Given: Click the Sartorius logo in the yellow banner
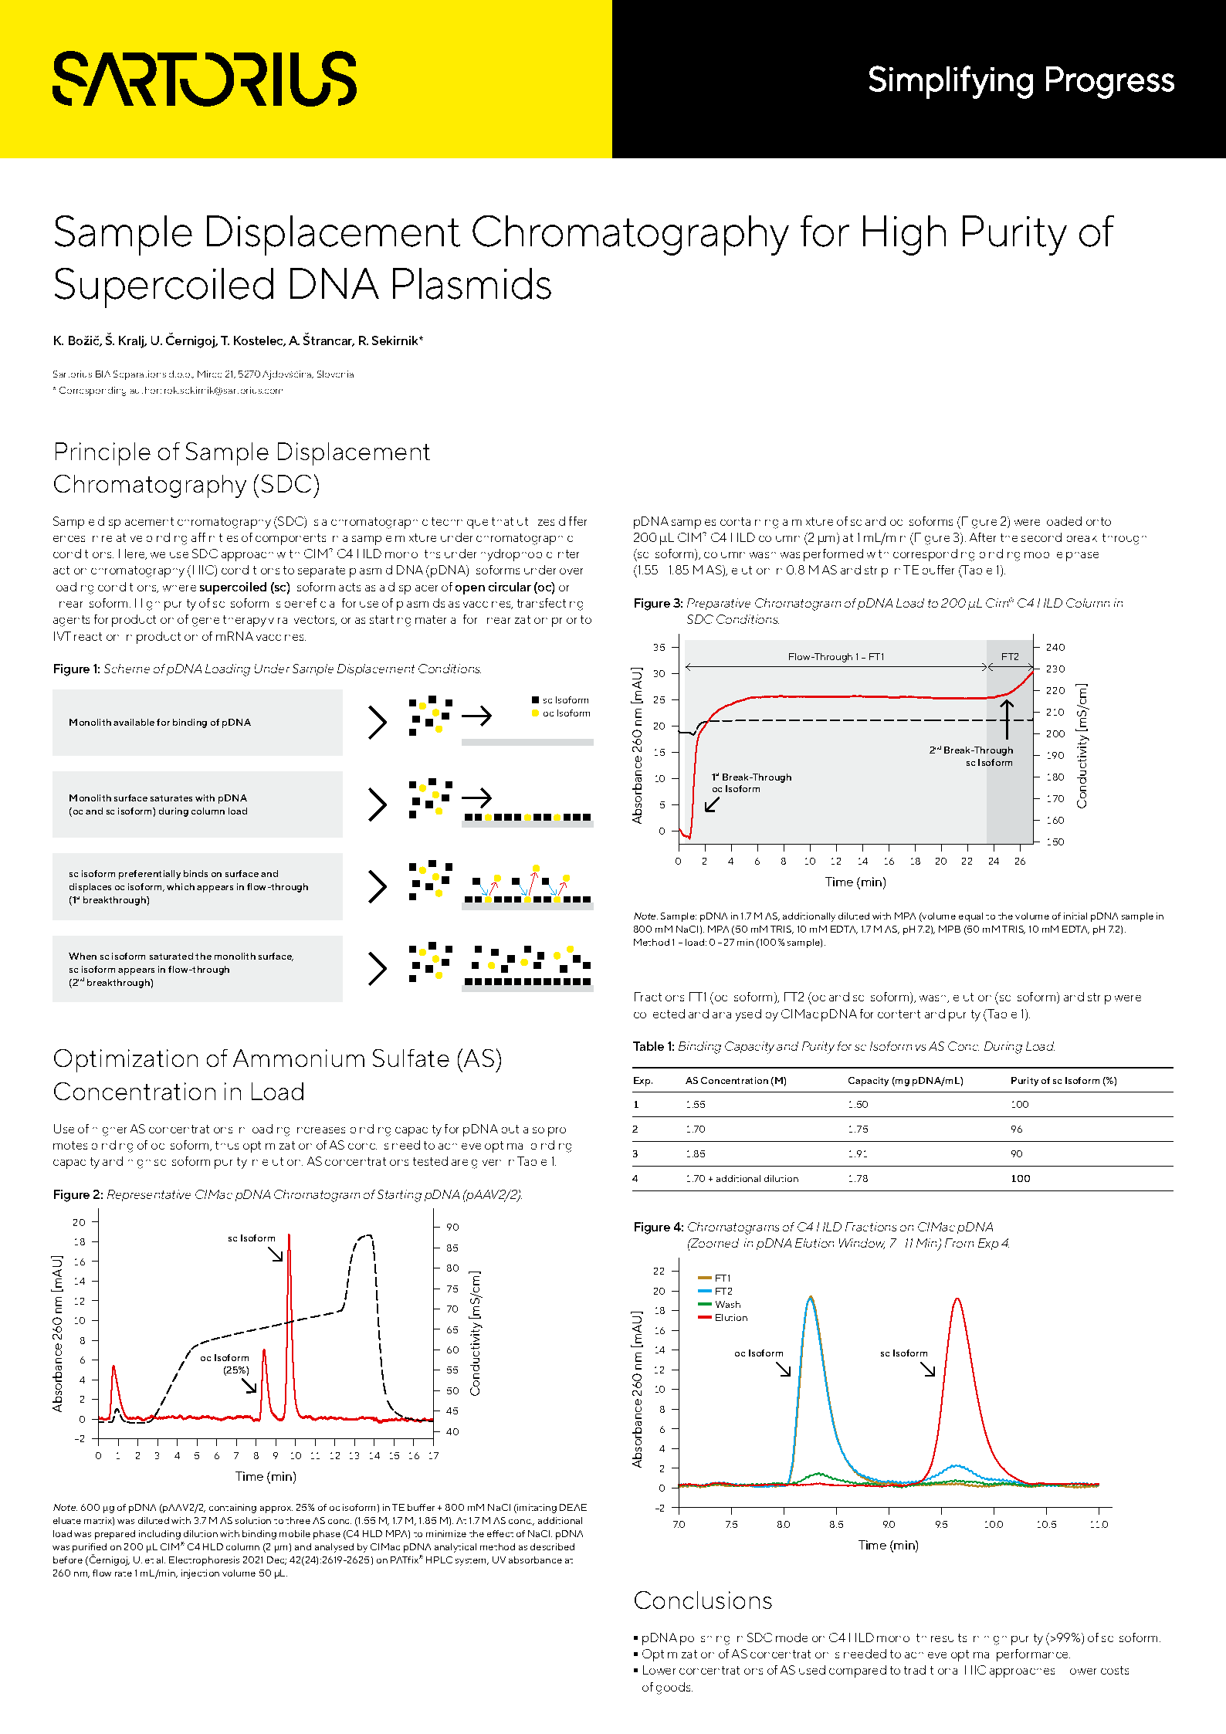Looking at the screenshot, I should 205,79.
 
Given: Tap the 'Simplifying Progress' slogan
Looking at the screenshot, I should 1021,80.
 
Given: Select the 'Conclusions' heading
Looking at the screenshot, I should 703,1600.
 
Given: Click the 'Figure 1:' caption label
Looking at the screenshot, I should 76,669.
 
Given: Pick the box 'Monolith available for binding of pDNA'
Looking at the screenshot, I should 198,723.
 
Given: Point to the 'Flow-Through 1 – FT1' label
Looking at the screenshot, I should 835,657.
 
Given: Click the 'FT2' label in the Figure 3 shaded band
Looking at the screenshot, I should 1010,657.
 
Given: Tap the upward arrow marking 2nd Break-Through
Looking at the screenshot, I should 1007,719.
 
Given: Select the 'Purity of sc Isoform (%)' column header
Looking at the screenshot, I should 1063,1081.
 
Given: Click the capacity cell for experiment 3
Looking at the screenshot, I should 858,1153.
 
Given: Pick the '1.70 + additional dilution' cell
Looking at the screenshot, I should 742,1178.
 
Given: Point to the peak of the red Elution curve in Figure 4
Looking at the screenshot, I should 957,1299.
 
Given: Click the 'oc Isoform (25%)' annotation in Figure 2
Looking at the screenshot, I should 225,1363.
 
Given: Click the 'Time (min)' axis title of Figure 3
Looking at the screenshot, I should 855,882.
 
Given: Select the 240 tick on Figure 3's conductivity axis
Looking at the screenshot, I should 1055,647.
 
